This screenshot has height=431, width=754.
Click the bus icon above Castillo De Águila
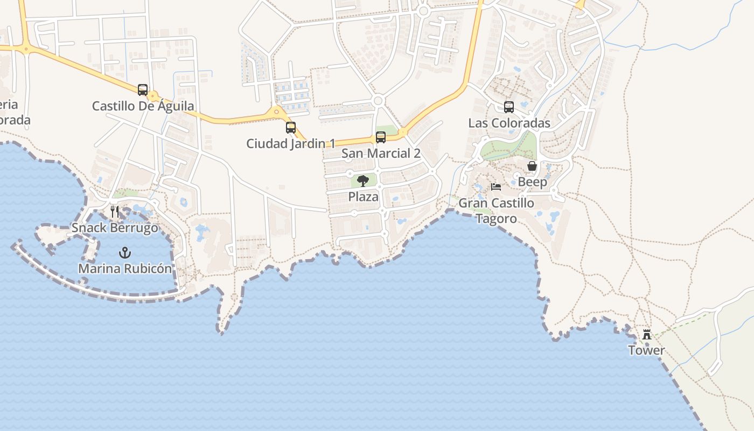point(143,90)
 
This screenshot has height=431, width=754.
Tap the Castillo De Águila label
point(143,106)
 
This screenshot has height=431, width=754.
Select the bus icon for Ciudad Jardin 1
point(291,128)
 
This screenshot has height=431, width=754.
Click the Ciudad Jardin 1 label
point(291,144)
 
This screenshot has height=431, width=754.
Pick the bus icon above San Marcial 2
point(381,137)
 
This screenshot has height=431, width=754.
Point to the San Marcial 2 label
point(381,154)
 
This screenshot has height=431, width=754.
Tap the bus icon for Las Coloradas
point(509,107)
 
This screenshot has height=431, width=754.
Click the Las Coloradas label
point(509,123)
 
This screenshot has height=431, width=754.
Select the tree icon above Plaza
point(363,181)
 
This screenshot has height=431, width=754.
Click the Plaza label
point(363,197)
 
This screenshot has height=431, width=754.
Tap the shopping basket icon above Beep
point(532,166)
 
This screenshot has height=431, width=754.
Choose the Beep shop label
point(532,182)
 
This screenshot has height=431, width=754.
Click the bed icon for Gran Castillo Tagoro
point(496,187)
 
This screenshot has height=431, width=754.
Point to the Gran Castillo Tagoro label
point(496,211)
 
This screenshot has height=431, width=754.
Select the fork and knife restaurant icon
point(115,211)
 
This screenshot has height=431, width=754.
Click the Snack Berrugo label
point(115,228)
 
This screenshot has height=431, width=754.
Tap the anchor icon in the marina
point(125,252)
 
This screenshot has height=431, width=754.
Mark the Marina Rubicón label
point(125,268)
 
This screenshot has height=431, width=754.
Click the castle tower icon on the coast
point(647,335)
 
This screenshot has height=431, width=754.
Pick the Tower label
point(646,351)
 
